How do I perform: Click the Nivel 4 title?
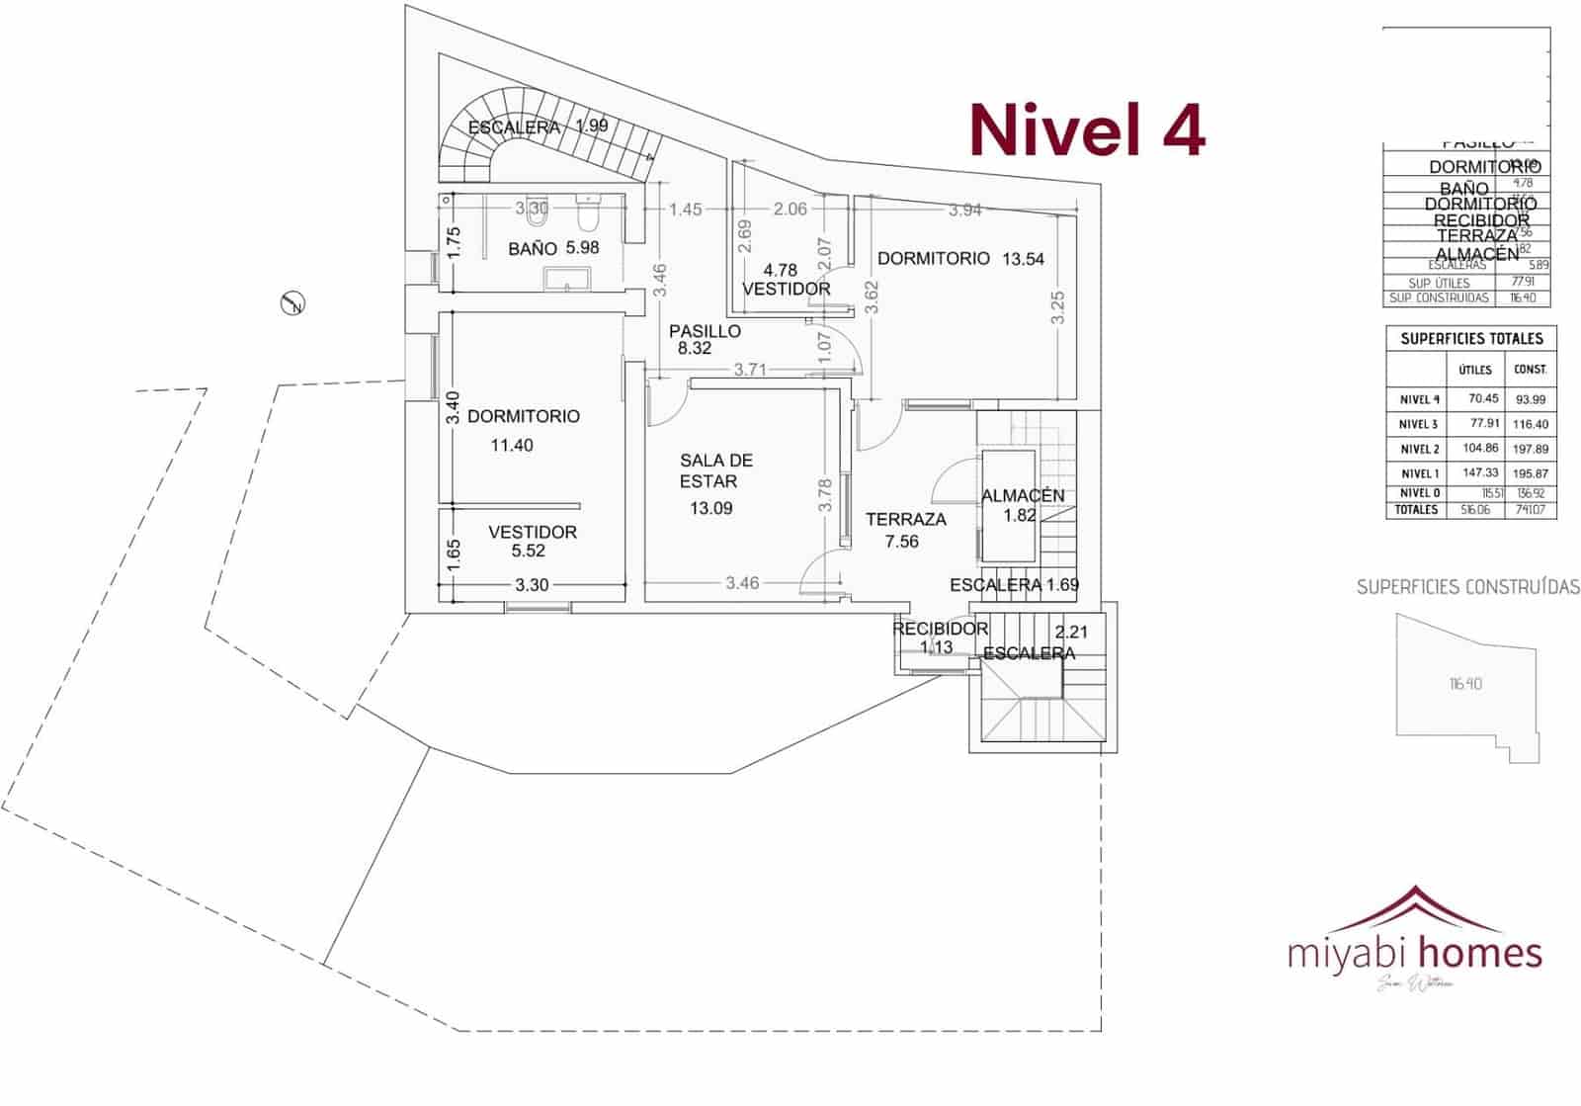1087,129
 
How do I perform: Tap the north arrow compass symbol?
292,303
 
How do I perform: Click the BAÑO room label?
532,249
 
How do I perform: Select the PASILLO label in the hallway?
705,331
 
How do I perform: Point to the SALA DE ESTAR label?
715,470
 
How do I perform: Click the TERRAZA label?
905,519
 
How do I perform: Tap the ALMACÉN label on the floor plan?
1023,495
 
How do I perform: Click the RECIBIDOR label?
940,629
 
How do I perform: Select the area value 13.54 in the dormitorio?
1023,259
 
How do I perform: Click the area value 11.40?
512,446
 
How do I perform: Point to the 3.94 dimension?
965,210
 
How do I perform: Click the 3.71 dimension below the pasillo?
750,370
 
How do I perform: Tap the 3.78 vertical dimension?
825,494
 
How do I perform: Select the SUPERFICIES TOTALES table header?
1471,339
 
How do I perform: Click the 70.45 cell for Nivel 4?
1483,399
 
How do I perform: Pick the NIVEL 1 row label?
1419,473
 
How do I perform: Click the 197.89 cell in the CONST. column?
1530,449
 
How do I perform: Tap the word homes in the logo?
1479,953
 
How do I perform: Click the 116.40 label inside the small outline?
1465,684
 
